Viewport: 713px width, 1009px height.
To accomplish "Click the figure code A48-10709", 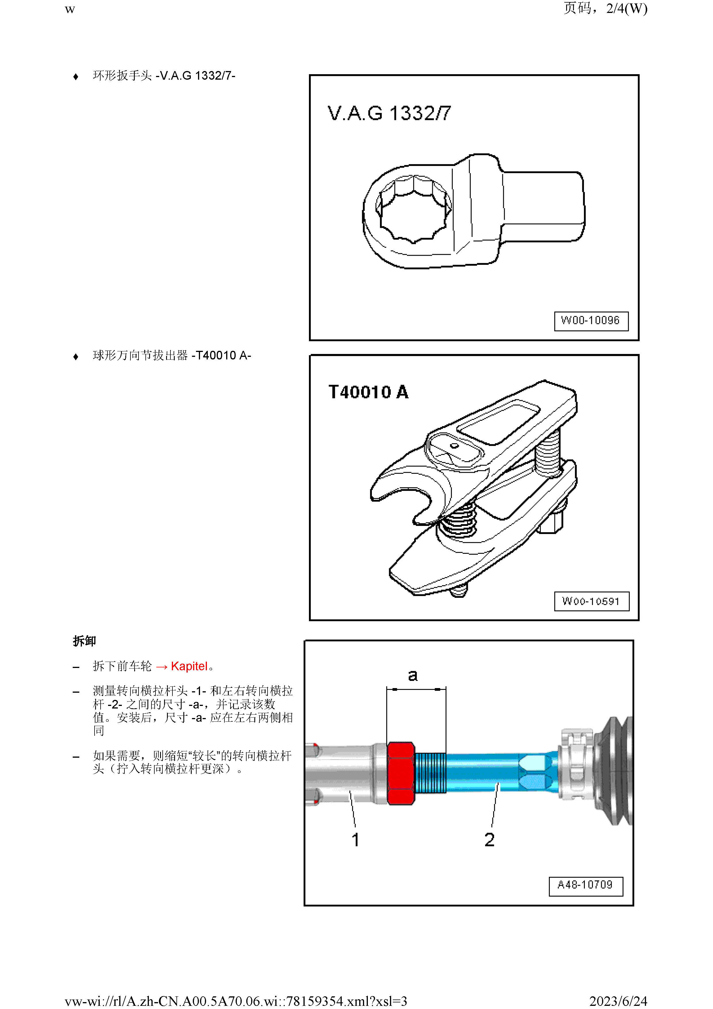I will point(585,884).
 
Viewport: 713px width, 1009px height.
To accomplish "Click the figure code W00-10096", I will point(591,320).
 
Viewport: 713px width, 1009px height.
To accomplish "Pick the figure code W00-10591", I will point(591,601).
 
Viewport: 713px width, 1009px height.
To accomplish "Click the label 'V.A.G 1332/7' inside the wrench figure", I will point(389,113).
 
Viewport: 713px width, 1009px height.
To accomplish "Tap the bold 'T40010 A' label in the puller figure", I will point(368,392).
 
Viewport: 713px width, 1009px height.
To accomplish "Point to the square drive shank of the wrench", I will point(543,206).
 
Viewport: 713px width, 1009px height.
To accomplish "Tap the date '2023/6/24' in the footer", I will point(618,1001).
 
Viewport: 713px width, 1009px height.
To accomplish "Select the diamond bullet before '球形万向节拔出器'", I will point(76,356).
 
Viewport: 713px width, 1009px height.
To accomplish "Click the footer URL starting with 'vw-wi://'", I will point(236,1001).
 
